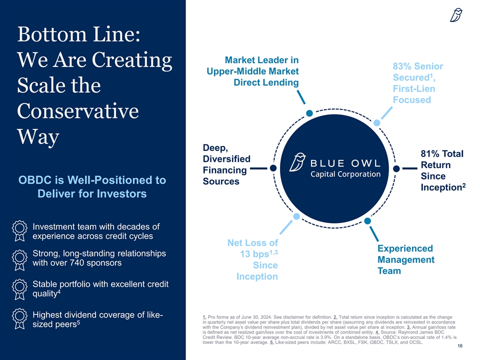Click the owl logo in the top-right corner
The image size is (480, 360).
click(x=456, y=16)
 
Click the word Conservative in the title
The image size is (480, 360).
click(x=77, y=111)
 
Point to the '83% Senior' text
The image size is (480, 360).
click(x=418, y=66)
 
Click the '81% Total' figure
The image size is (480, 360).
click(x=442, y=153)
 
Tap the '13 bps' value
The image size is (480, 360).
click(x=255, y=254)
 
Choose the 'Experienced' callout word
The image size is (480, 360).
click(x=405, y=248)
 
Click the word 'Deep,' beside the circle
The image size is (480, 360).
click(x=215, y=147)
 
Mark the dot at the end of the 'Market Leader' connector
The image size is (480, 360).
click(x=309, y=113)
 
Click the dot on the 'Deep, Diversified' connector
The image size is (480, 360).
click(x=273, y=168)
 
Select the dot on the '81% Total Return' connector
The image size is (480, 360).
click(x=396, y=168)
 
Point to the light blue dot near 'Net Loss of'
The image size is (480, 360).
click(x=296, y=216)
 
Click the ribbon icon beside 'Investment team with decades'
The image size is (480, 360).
click(x=18, y=232)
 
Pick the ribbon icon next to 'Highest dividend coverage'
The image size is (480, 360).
click(x=18, y=320)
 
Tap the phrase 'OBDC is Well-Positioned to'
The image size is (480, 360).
click(x=92, y=180)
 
